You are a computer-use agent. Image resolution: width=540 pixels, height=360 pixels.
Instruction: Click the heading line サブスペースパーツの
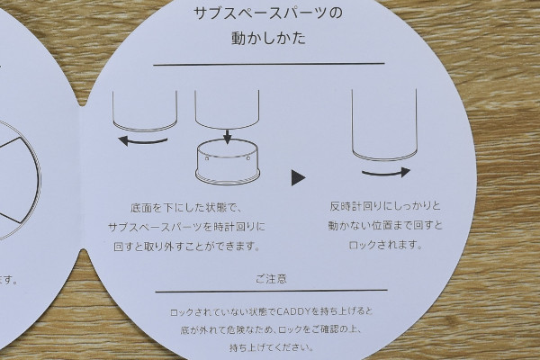268,13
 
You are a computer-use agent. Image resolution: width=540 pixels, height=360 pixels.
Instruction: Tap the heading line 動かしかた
268,38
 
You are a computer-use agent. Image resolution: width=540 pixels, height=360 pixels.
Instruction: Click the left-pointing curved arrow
142,141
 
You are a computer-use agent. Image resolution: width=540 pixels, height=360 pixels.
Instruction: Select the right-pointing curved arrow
386,173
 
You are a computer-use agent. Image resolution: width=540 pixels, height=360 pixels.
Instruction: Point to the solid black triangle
298,177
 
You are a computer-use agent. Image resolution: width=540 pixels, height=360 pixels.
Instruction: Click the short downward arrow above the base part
227,136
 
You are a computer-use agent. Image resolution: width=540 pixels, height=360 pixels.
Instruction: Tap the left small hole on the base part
207,158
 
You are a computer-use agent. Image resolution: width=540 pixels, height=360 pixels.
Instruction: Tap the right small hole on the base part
248,158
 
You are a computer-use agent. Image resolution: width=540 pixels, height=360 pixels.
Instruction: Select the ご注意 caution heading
272,279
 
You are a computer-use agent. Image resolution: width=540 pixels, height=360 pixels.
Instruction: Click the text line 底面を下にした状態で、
187,208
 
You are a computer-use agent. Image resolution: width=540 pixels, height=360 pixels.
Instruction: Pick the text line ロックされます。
385,246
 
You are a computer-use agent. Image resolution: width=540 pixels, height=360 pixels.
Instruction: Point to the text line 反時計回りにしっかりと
385,206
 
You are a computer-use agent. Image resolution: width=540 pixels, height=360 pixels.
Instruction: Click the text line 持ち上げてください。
272,347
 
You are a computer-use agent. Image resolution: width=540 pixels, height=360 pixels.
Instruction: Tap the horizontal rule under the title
268,64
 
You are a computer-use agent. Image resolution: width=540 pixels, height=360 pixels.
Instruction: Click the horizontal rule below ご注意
272,291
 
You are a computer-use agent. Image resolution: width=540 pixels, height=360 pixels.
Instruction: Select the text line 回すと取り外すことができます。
187,247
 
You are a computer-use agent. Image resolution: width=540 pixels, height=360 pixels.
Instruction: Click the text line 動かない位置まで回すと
385,226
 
